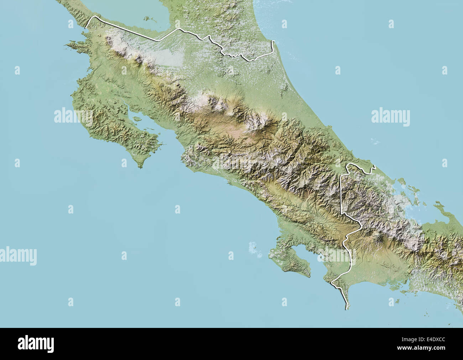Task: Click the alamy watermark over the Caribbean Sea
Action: tap(390, 117)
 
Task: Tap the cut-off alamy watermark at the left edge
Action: tap(18, 256)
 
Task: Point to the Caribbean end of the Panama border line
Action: tap(374, 166)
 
